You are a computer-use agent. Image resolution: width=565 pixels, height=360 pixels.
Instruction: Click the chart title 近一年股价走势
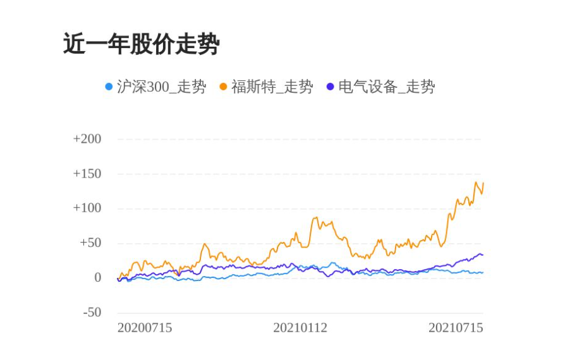tap(141, 45)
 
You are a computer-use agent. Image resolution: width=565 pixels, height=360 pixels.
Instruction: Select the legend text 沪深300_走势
tap(161, 87)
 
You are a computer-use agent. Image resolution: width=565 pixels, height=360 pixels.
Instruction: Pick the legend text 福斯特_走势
tap(272, 87)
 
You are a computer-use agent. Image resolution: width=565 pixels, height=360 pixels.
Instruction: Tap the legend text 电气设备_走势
tap(386, 87)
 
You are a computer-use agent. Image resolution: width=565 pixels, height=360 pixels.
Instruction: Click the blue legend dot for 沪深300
tap(109, 87)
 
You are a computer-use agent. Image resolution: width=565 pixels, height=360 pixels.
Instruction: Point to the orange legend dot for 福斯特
tap(223, 87)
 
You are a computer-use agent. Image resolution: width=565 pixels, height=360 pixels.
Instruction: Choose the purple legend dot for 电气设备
tap(330, 87)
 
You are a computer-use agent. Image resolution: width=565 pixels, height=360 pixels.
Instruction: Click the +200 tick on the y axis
tap(87, 139)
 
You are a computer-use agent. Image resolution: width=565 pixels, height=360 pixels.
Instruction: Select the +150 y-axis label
tap(87, 174)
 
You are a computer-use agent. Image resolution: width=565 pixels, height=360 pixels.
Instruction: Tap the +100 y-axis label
tap(87, 208)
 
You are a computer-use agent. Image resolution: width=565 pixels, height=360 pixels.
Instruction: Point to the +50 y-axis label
tap(90, 243)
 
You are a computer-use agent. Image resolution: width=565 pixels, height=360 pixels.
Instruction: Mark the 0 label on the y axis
tap(97, 278)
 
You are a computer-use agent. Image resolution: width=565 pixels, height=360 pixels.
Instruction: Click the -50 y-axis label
tap(92, 313)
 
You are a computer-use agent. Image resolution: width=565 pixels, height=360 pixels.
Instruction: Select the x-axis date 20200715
tap(145, 328)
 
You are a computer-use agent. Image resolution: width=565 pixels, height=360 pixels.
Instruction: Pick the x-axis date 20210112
tap(300, 328)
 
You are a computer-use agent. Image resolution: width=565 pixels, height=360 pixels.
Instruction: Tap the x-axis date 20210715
tap(456, 328)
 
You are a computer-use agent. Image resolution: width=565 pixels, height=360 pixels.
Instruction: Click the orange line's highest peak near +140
tap(476, 183)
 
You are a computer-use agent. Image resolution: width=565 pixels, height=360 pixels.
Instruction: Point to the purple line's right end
tap(483, 255)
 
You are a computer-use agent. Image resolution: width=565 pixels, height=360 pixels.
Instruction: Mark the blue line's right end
tap(483, 272)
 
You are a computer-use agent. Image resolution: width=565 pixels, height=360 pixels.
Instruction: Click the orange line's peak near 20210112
tap(315, 218)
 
